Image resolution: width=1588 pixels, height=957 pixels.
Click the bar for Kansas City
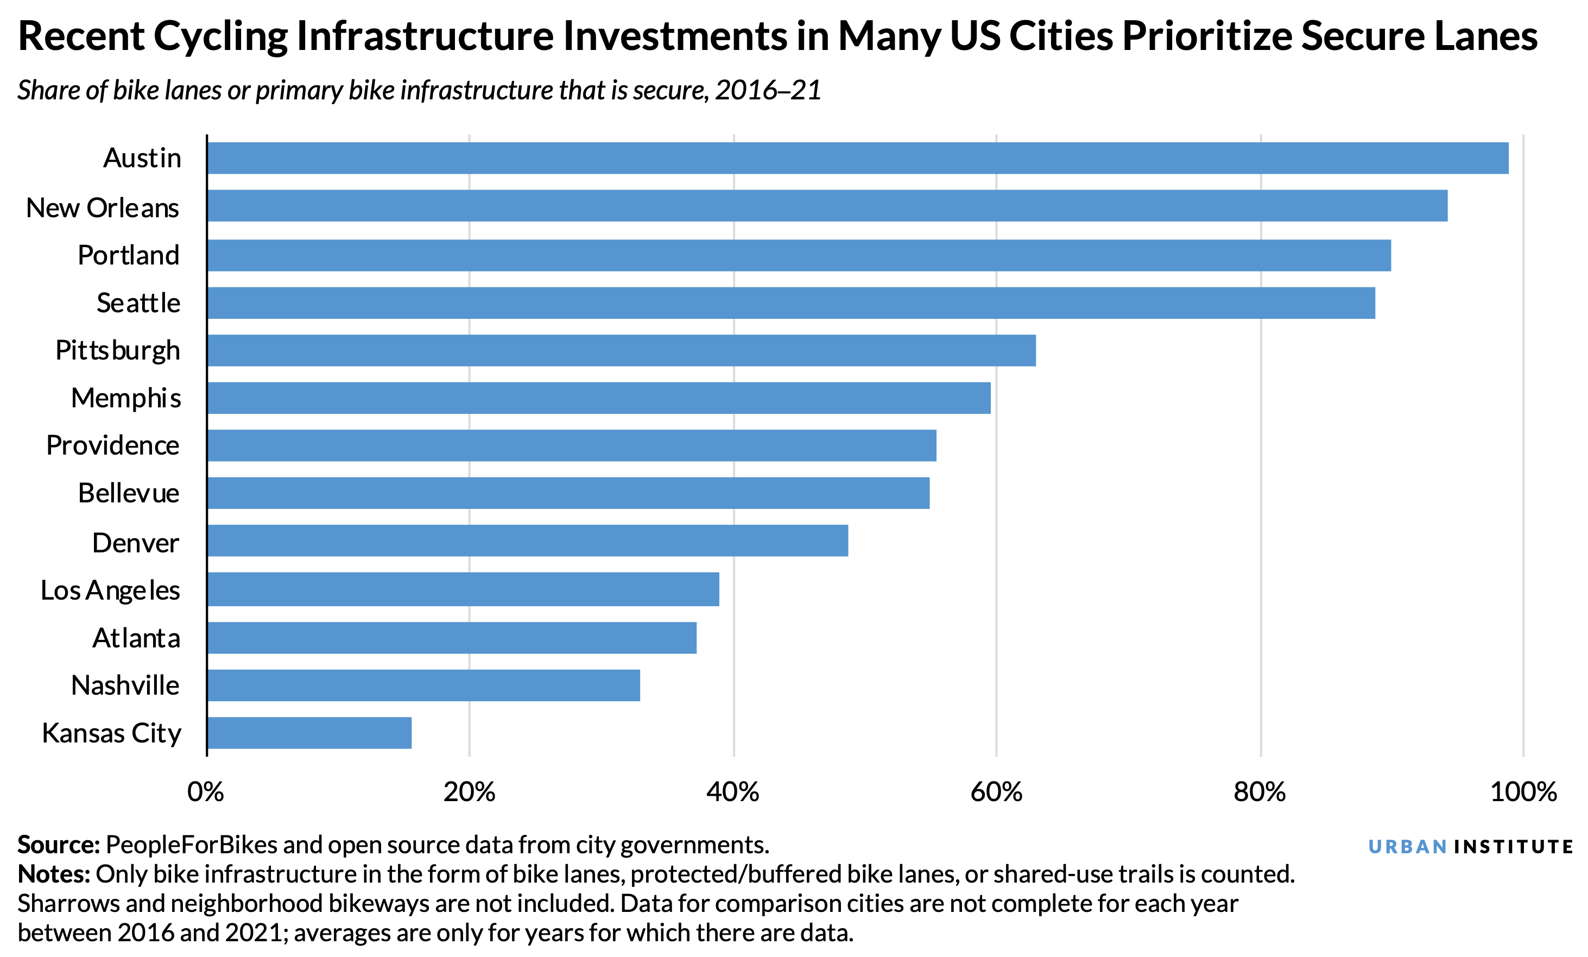(309, 733)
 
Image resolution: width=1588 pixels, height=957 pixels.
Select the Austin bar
(857, 158)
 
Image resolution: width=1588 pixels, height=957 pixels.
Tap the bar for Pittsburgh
(621, 350)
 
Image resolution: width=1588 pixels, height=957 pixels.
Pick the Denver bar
(527, 540)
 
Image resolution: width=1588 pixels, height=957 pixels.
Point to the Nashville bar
(423, 685)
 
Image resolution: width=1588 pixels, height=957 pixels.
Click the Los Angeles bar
(463, 589)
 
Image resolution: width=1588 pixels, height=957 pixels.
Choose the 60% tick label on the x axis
(996, 792)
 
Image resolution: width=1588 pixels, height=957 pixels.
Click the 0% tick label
(206, 792)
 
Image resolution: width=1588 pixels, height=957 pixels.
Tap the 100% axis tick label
(1523, 792)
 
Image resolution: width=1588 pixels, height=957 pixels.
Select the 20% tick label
(469, 792)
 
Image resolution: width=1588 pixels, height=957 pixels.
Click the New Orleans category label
(103, 207)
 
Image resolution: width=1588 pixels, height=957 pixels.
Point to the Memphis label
(125, 398)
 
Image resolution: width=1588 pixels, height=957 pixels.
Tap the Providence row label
(113, 445)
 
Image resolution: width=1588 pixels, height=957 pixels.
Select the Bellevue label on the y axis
(128, 493)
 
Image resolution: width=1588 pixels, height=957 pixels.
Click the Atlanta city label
(136, 638)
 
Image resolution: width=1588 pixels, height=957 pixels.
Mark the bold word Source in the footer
(58, 845)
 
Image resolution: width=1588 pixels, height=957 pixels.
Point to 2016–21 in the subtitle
(768, 90)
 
